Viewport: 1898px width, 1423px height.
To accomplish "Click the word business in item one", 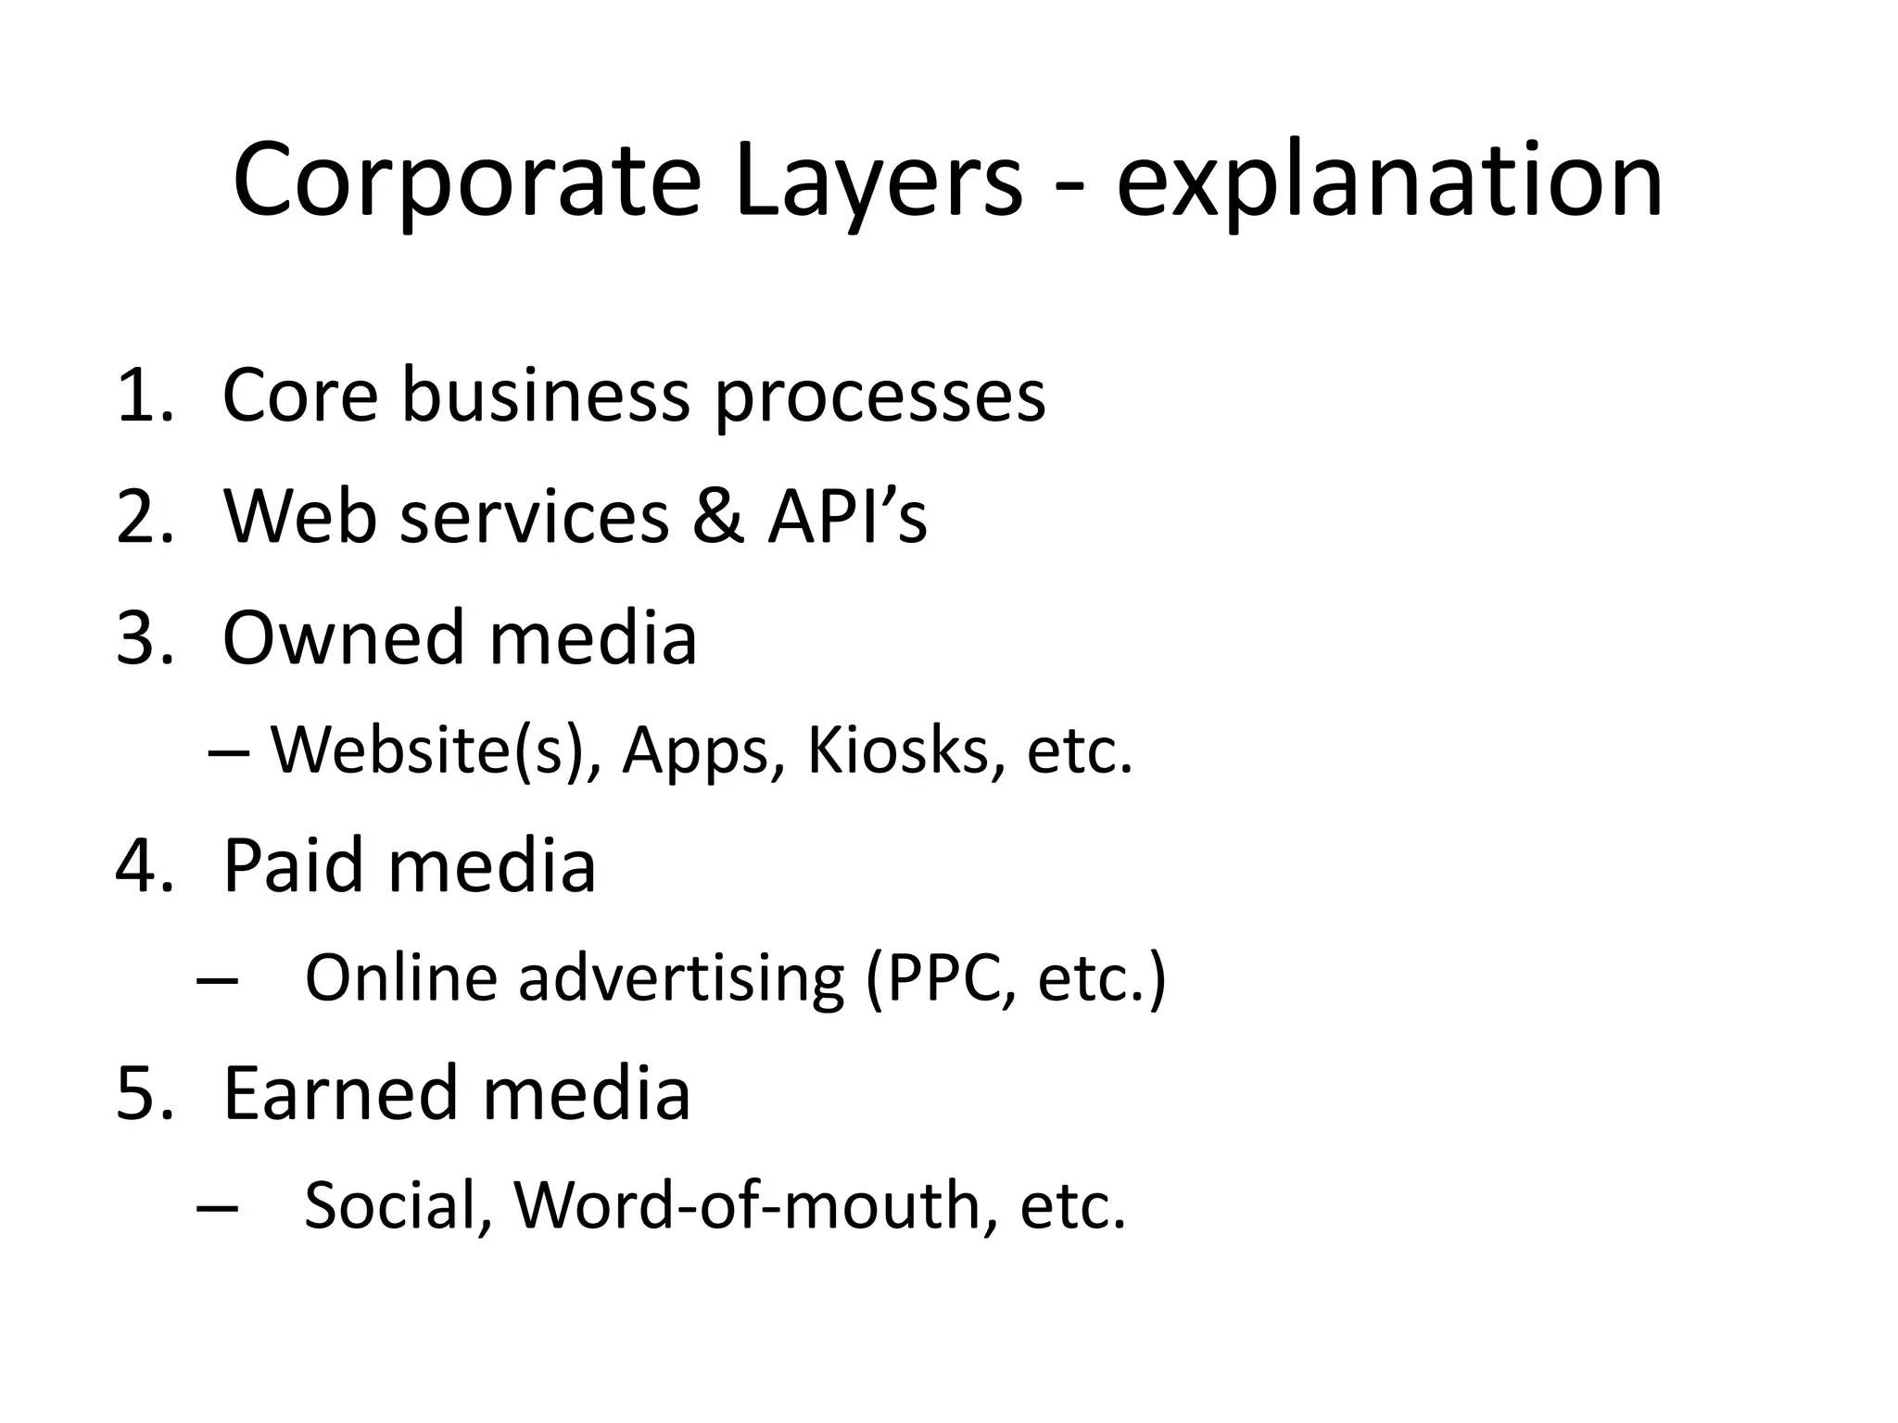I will click(x=545, y=396).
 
